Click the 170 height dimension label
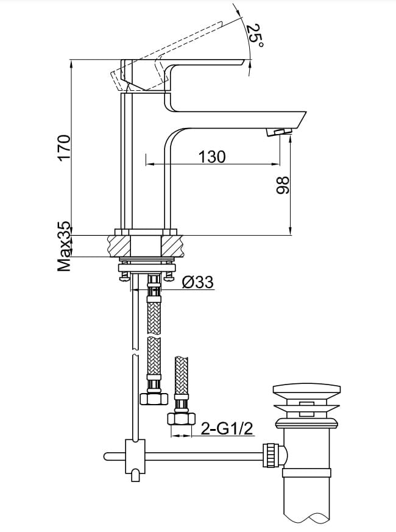[x=64, y=147]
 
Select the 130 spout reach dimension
[x=212, y=157]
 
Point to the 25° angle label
[x=255, y=35]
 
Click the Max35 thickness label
[x=64, y=246]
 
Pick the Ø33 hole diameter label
[x=198, y=282]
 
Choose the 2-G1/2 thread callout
[x=227, y=429]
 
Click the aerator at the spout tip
[x=280, y=132]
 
